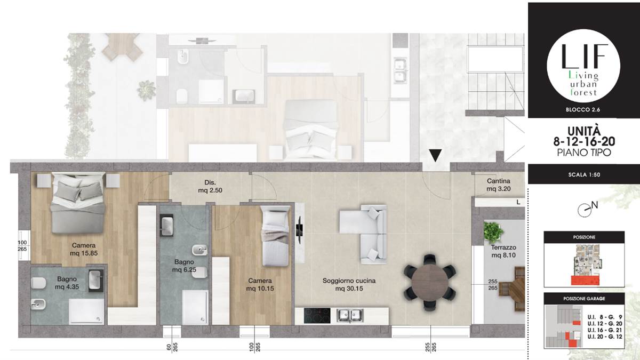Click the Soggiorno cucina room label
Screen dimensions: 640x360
349,285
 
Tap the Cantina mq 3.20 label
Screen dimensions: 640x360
499,185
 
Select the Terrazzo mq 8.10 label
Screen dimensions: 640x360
503,251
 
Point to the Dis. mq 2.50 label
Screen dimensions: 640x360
210,186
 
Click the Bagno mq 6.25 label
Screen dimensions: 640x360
184,266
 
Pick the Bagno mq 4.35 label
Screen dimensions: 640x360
67,283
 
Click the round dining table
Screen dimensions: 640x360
430,283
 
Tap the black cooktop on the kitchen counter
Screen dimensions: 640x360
317,316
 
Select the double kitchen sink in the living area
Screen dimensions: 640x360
350,315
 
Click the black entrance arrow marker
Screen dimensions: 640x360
435,155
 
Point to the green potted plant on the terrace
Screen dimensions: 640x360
493,232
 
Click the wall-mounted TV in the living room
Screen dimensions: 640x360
299,230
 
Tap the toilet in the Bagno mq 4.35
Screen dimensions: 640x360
38,283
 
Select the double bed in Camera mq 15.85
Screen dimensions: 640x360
77,203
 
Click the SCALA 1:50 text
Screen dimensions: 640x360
584,174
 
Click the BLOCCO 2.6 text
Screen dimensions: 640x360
583,110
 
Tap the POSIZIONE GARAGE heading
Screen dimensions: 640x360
584,299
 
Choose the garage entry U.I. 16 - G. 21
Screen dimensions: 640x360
605,330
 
